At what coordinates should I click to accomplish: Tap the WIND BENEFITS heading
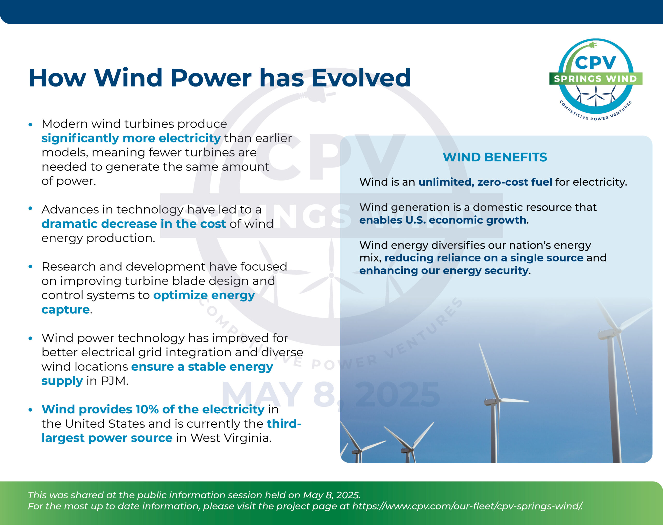[x=495, y=157]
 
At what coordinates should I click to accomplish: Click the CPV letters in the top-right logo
[x=595, y=63]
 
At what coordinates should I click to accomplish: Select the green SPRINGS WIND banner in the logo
[x=596, y=79]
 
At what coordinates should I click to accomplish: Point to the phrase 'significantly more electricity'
[x=131, y=139]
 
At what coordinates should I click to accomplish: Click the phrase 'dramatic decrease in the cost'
[x=134, y=224]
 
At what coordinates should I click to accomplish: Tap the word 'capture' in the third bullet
[x=66, y=310]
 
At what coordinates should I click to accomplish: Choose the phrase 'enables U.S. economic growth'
[x=443, y=220]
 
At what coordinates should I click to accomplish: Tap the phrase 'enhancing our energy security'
[x=444, y=271]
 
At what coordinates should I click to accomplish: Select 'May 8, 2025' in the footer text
[x=331, y=495]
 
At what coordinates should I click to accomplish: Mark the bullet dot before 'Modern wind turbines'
[x=30, y=125]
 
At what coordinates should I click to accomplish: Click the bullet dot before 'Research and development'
[x=30, y=267]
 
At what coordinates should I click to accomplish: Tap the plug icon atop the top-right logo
[x=592, y=45]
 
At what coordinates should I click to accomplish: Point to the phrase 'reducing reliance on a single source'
[x=484, y=258]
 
